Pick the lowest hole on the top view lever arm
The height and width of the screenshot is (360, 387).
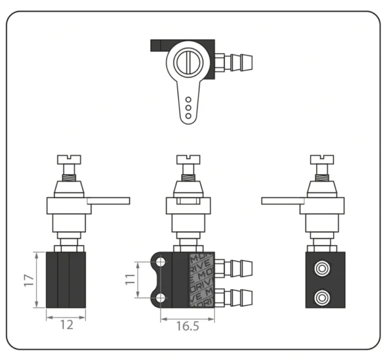pos(188,116)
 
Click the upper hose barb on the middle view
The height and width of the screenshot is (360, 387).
pos(237,267)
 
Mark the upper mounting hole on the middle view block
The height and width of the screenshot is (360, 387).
pos(160,261)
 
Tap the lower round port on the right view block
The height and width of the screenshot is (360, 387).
pos(321,297)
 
